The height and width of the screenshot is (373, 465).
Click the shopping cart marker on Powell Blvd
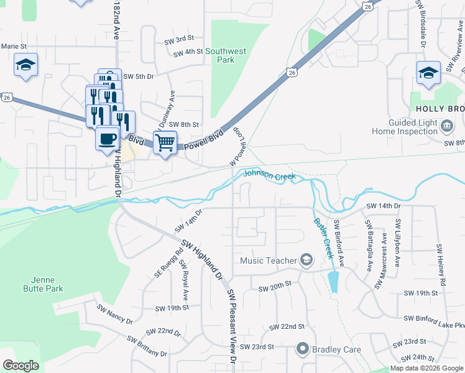point(165,142)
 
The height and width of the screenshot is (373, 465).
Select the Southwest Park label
point(226,55)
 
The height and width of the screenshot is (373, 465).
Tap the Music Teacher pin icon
point(306,260)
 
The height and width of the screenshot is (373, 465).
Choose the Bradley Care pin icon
point(303,349)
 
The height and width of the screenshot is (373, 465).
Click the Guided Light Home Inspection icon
point(447,127)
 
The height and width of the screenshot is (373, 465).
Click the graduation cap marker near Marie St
point(26,65)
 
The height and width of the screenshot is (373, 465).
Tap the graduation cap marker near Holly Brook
point(428,73)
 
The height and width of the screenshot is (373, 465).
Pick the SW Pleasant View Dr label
point(231,325)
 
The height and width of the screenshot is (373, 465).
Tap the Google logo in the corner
point(21,366)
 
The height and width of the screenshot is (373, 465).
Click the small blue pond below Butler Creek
point(334,282)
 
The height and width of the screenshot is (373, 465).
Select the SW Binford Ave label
point(339,239)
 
